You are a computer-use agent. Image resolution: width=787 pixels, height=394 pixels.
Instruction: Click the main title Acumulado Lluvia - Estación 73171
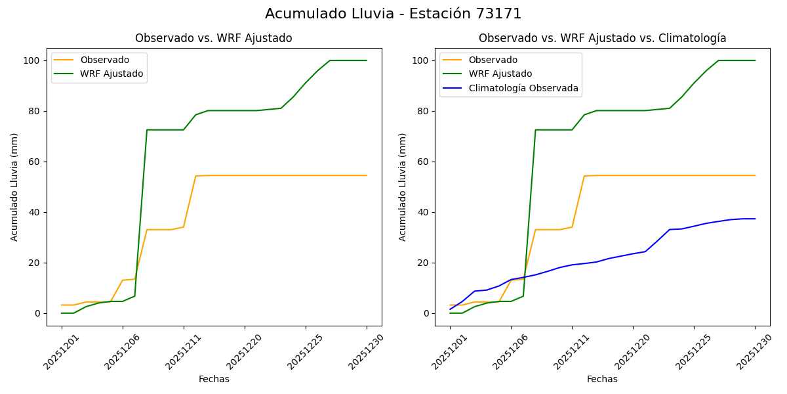click(x=393, y=14)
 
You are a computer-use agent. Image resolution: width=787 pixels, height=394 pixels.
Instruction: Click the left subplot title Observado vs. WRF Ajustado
click(x=214, y=38)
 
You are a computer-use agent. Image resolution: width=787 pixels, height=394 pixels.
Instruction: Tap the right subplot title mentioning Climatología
click(x=602, y=38)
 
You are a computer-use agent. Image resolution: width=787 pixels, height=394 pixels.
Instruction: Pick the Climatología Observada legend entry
click(x=523, y=88)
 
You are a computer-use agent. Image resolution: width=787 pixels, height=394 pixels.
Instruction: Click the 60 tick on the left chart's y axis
click(x=35, y=162)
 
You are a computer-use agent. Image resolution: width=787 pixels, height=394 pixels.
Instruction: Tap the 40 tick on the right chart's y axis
click(x=424, y=212)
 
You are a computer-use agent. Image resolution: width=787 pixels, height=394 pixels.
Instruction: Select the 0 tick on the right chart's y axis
click(x=426, y=313)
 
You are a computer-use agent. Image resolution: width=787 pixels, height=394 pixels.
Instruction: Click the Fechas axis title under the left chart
click(x=214, y=379)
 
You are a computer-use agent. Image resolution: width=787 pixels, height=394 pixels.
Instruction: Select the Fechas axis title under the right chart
click(x=602, y=379)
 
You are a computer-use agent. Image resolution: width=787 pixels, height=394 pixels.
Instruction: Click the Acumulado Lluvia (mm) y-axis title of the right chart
click(x=403, y=187)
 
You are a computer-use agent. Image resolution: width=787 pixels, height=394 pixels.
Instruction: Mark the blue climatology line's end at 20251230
click(x=755, y=219)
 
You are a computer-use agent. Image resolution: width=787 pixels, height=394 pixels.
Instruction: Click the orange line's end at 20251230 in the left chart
click(x=367, y=175)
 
